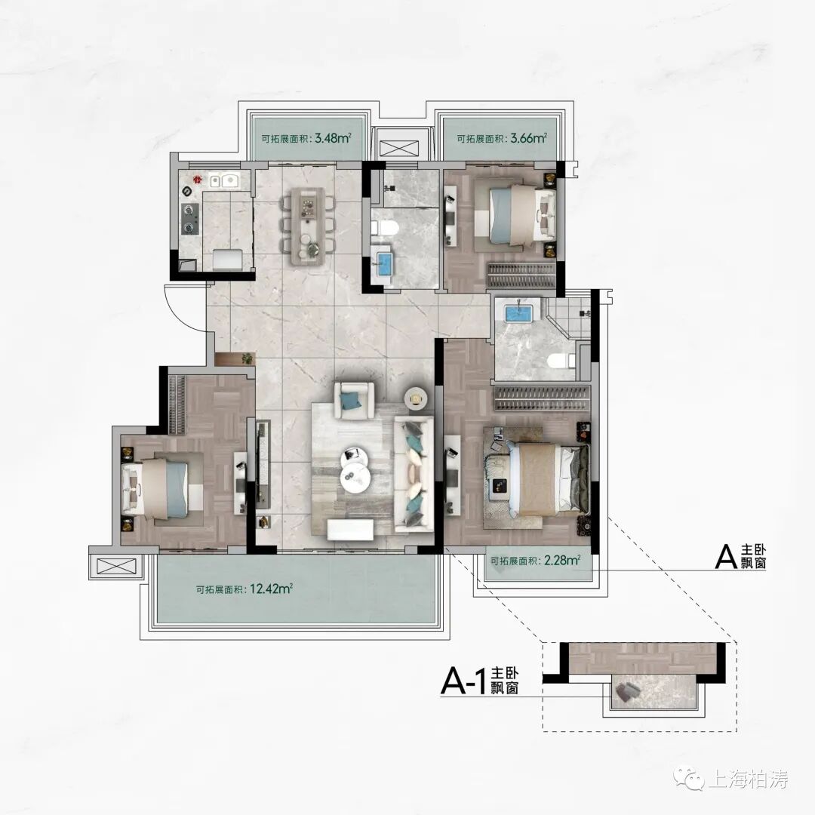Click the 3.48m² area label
pyautogui.click(x=306, y=139)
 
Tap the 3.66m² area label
pyautogui.click(x=502, y=139)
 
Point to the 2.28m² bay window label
pyautogui.click(x=535, y=561)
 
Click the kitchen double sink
pyautogui.click(x=224, y=181)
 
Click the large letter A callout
pyautogui.click(x=726, y=557)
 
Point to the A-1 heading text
pyautogui.click(x=480, y=681)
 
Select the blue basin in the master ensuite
pyautogui.click(x=517, y=315)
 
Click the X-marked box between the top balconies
pyautogui.click(x=399, y=148)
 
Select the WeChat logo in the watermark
pyautogui.click(x=690, y=778)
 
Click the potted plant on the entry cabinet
pyautogui.click(x=248, y=358)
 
